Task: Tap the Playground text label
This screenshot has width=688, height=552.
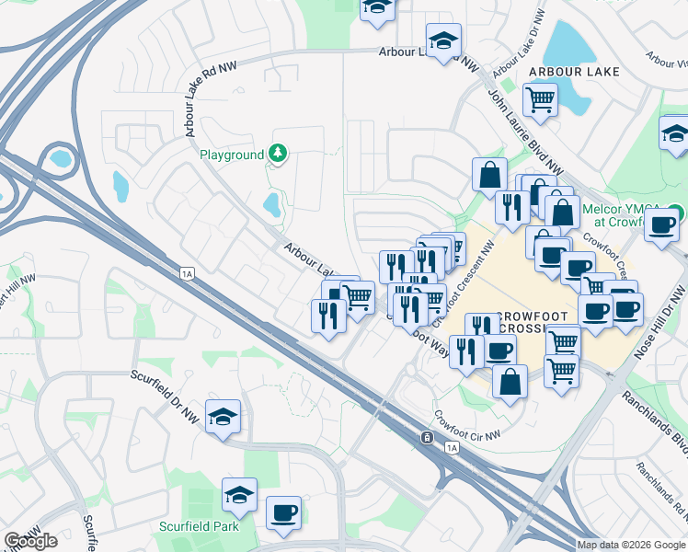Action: [x=232, y=155]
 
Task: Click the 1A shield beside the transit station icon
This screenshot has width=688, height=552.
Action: [x=451, y=448]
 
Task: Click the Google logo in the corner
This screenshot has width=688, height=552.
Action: [x=31, y=541]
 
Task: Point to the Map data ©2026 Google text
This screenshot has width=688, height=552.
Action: [x=631, y=545]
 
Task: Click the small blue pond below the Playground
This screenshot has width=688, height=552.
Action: [x=271, y=204]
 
